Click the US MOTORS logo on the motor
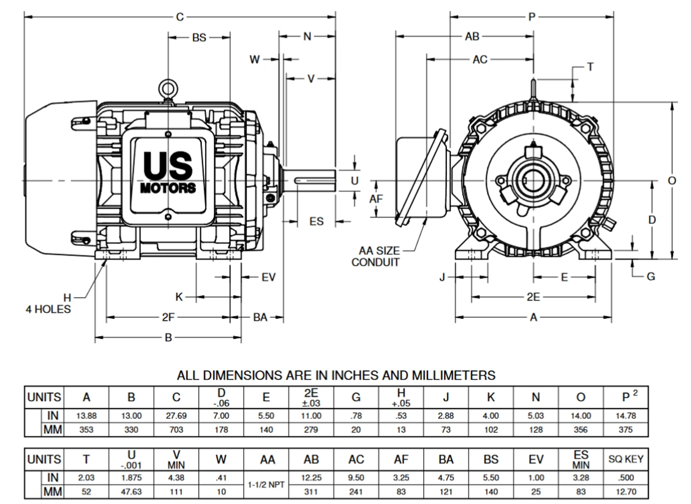168,172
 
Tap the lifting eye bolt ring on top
168,88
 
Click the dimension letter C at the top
179,17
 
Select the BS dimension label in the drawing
199,38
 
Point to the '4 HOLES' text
49,310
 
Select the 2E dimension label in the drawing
533,297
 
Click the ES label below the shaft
316,221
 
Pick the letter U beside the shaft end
355,181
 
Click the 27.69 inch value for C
176,416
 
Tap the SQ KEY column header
626,459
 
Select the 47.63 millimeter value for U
131,492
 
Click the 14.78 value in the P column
626,416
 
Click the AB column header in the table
311,459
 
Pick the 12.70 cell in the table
626,492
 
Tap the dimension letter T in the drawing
590,66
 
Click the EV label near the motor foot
268,277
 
